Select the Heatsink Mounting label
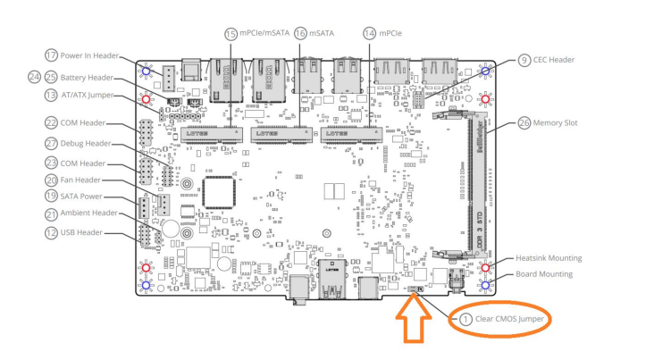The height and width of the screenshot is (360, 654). click(548, 258)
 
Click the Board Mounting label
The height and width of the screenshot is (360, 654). click(545, 274)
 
